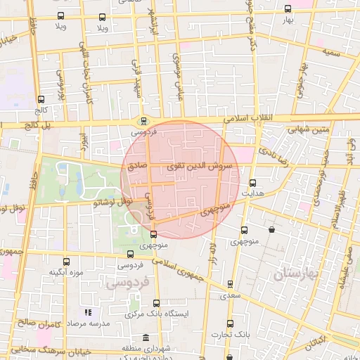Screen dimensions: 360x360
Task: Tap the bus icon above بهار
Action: click(287, 9)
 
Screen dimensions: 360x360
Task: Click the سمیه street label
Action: click(332, 52)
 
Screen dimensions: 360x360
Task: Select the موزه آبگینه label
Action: click(66, 271)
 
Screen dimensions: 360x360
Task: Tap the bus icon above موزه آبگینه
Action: click(66, 261)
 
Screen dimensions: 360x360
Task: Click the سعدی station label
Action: click(230, 295)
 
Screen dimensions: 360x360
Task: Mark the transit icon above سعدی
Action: click(230, 285)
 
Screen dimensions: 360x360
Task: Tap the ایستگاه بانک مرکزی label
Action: click(159, 314)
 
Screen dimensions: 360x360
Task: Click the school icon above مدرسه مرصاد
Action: click(88, 312)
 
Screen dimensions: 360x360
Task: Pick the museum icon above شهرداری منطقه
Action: click(146, 337)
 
